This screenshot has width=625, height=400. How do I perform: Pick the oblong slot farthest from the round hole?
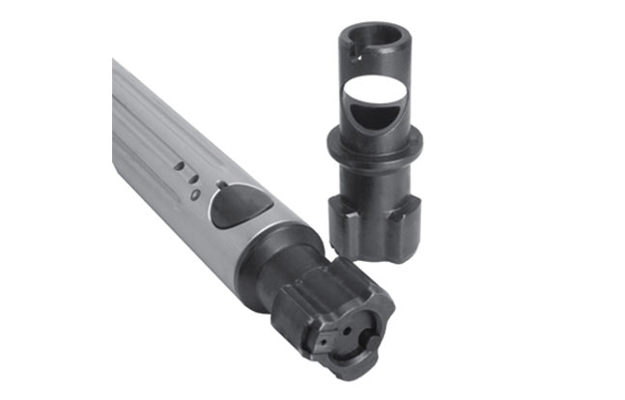[179, 166]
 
